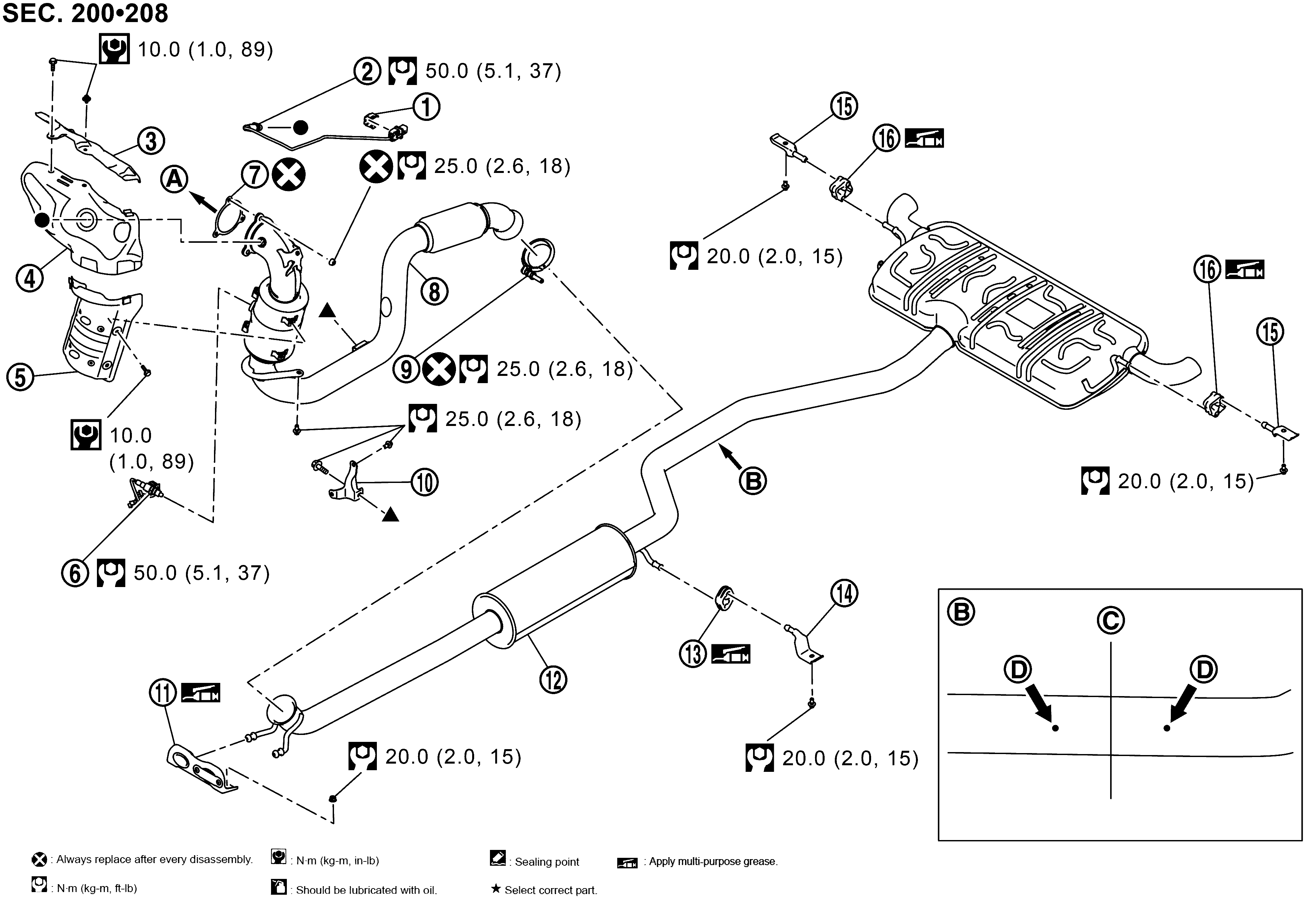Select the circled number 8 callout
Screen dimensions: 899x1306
coord(434,292)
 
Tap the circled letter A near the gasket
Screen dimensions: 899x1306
coord(174,180)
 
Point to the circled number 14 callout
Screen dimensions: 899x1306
coord(844,594)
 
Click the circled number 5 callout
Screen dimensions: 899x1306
coord(20,377)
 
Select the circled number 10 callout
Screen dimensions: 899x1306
coord(424,482)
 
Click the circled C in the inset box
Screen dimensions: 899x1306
coord(1110,621)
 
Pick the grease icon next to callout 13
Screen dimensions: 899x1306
coord(731,654)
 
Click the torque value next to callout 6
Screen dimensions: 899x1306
coord(201,573)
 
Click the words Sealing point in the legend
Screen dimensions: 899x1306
coord(546,862)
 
